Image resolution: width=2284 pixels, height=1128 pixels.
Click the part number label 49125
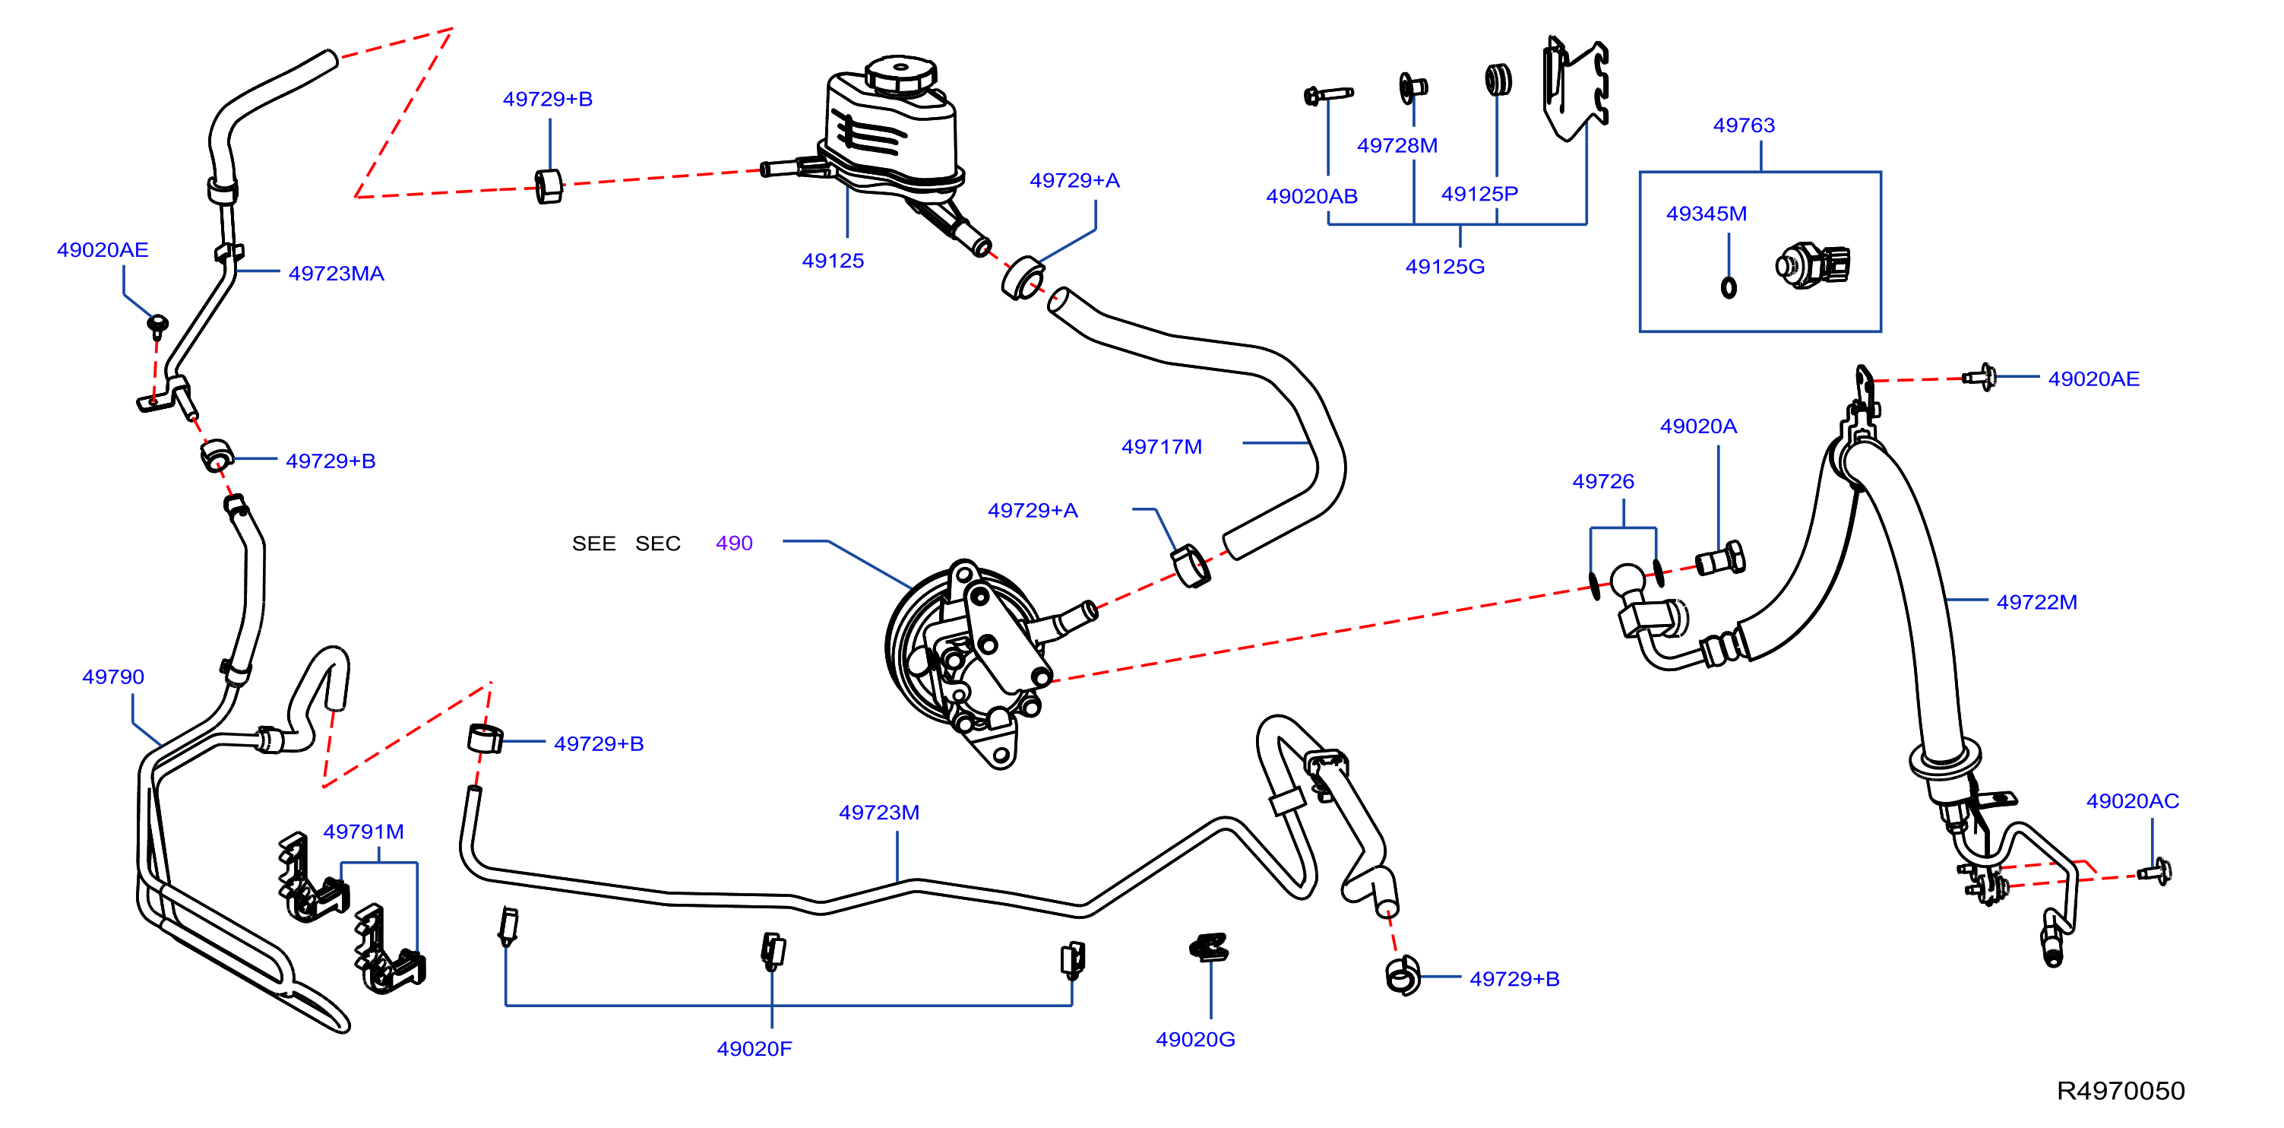point(833,261)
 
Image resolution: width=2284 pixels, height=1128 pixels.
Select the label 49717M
point(1162,447)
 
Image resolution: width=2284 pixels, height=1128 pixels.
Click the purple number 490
point(734,543)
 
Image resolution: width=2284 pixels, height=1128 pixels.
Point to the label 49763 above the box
point(1743,125)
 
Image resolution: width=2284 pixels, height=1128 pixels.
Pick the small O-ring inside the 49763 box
point(1728,287)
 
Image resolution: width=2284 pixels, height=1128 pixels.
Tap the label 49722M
point(2036,602)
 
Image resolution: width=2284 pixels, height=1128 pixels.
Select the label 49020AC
point(2132,801)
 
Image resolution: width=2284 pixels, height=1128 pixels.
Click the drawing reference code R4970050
point(2121,1091)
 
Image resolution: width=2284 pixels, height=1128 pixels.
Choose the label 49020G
point(1195,1039)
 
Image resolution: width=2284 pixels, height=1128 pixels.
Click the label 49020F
point(754,1049)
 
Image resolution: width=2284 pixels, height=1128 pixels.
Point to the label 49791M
point(363,832)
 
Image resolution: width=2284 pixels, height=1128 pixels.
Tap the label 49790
point(112,676)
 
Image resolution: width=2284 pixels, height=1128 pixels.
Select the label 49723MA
point(336,273)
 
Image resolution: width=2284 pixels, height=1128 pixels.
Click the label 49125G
point(1445,266)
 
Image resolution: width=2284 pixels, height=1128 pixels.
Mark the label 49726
point(1603,482)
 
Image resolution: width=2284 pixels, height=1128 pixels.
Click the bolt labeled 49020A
point(1720,559)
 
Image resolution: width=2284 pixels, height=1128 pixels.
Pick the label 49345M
point(1706,214)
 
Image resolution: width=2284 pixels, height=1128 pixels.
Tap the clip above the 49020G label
point(1210,948)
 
